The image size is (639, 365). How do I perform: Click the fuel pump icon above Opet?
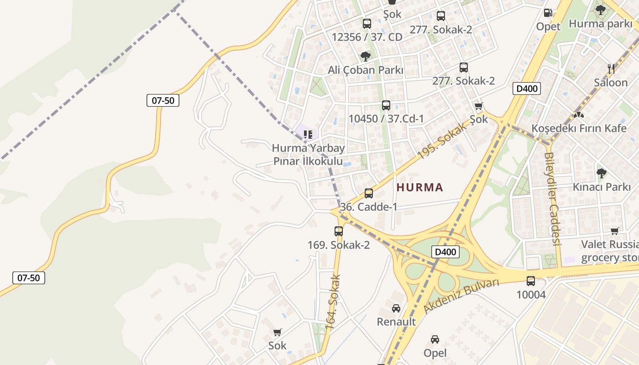click(x=548, y=13)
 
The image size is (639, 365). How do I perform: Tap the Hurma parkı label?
click(x=600, y=24)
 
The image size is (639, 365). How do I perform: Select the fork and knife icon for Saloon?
click(x=611, y=69)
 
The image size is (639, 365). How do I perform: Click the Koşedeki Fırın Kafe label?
click(x=579, y=128)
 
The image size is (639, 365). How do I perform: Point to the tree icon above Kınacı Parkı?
click(x=602, y=173)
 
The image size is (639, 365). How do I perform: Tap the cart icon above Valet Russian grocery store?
click(x=614, y=231)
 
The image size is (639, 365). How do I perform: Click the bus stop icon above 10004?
click(x=531, y=281)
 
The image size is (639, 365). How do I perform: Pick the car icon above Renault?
click(x=396, y=308)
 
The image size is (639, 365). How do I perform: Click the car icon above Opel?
click(x=435, y=339)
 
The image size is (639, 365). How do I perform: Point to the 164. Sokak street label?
click(x=333, y=302)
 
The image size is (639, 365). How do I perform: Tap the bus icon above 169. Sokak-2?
click(x=338, y=231)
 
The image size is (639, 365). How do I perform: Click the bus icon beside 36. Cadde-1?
click(x=368, y=193)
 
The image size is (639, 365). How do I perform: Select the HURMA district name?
click(x=419, y=187)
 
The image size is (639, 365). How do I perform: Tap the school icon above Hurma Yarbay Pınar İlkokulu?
click(x=308, y=135)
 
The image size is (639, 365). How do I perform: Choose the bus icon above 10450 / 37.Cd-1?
click(x=386, y=105)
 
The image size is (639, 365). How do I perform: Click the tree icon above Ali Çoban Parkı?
click(x=365, y=57)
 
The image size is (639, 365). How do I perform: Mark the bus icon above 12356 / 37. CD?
click(x=367, y=24)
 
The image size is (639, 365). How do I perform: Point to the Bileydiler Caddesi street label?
click(x=552, y=199)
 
